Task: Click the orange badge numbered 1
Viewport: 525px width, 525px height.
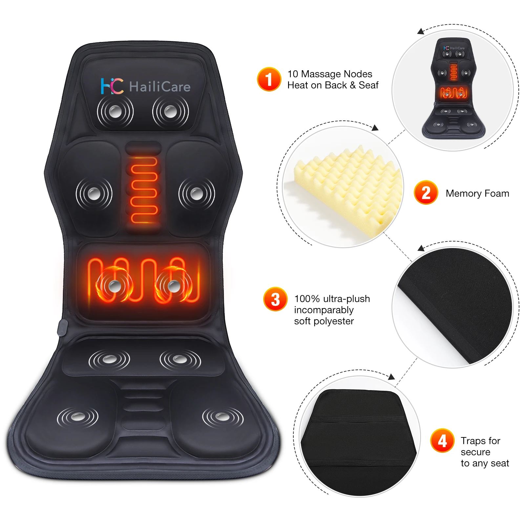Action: [269, 79]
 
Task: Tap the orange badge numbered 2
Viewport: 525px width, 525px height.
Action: [426, 193]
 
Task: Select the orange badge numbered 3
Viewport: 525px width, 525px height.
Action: [275, 299]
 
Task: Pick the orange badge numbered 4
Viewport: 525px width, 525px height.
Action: [442, 440]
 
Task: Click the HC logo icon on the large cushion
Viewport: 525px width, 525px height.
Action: [112, 86]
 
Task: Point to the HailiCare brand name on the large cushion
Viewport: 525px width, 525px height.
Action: [160, 87]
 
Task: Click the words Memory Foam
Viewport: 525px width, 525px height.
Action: [477, 194]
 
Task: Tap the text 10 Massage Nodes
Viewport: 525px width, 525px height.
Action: [330, 74]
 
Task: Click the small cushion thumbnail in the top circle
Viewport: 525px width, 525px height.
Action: [453, 89]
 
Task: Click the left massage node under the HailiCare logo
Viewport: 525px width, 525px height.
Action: [115, 112]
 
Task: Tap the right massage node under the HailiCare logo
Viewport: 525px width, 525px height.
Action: [170, 112]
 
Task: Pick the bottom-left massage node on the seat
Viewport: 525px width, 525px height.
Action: [77, 417]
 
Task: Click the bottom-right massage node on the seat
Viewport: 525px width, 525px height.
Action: [223, 417]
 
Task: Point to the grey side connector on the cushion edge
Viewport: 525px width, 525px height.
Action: [62, 327]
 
